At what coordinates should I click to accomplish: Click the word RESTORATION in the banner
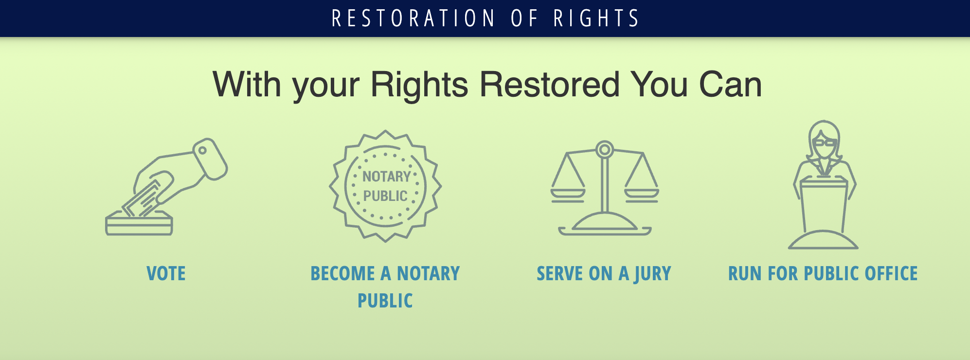[413, 18]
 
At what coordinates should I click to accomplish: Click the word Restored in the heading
[549, 85]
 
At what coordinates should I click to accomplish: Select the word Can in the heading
[730, 85]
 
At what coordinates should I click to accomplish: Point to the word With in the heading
[247, 85]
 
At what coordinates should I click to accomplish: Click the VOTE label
[166, 273]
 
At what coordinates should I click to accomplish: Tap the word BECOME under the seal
[342, 273]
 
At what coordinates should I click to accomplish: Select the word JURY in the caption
[653, 274]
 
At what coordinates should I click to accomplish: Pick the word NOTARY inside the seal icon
[386, 177]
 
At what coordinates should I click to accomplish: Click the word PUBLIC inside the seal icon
[385, 196]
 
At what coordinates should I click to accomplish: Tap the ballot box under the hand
[139, 224]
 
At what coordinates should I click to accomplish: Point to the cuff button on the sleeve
[202, 150]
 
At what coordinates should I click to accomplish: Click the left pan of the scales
[568, 194]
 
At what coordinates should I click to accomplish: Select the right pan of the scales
[642, 194]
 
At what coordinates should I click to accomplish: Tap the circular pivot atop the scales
[605, 149]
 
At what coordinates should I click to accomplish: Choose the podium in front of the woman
[824, 204]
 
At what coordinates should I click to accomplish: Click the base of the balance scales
[605, 228]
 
